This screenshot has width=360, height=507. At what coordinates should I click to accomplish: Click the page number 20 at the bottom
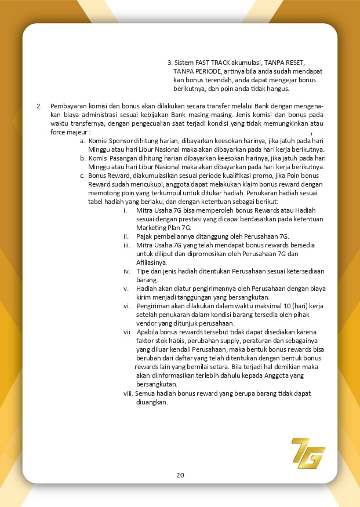(x=180, y=475)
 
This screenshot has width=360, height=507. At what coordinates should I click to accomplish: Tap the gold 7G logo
(x=308, y=453)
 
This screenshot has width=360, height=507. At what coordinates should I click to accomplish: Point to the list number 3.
(x=169, y=62)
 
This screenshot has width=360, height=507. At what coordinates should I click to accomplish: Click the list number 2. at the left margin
(x=39, y=106)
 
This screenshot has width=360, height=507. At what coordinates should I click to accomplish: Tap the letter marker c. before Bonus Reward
(x=83, y=176)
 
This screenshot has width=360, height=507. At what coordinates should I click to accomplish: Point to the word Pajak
(x=145, y=236)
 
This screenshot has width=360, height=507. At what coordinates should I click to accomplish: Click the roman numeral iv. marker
(x=126, y=271)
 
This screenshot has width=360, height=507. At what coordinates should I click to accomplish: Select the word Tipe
(x=144, y=271)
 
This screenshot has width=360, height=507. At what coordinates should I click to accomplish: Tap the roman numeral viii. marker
(x=128, y=393)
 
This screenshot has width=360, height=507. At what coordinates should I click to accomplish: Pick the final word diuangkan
(x=151, y=402)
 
